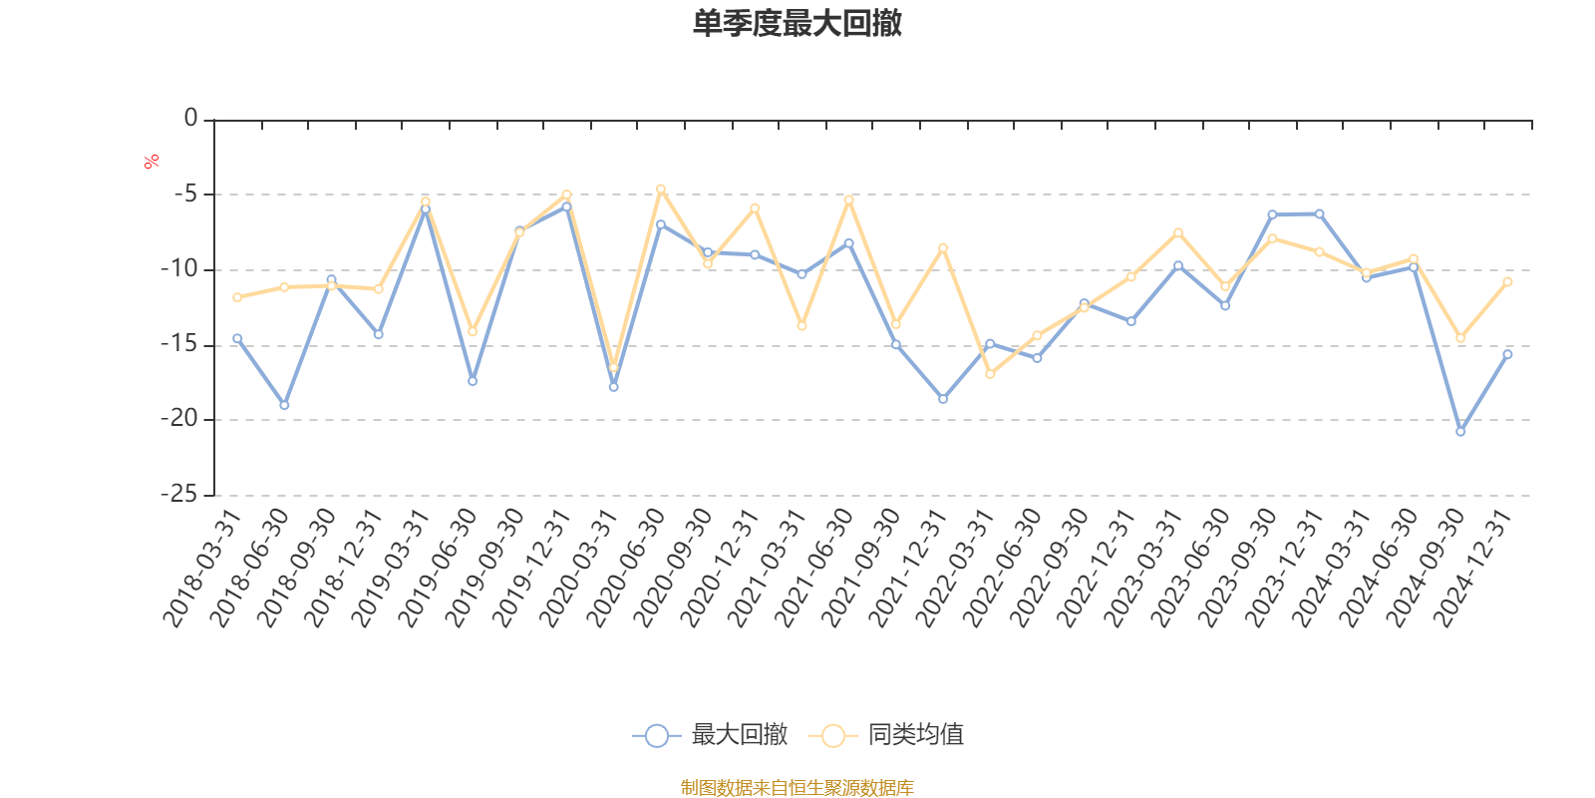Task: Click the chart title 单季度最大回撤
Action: (797, 24)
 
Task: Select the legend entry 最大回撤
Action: (710, 735)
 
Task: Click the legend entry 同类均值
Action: (887, 735)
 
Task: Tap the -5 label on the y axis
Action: (185, 194)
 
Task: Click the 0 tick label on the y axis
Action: (190, 119)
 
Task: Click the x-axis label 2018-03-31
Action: (201, 569)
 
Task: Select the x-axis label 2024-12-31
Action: (1472, 569)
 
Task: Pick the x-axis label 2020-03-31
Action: (578, 569)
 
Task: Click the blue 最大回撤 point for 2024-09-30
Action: (1460, 432)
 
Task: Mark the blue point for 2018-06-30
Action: (284, 405)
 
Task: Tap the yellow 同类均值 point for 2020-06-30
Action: (660, 189)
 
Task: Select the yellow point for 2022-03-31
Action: (990, 374)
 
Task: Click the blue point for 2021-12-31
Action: (943, 399)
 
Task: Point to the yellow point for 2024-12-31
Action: (1507, 282)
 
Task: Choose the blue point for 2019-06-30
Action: (473, 381)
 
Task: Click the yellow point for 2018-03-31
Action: (237, 297)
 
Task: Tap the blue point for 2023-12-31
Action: (1319, 213)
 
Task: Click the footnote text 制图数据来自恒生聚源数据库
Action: (797, 788)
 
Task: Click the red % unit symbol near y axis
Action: (152, 162)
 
